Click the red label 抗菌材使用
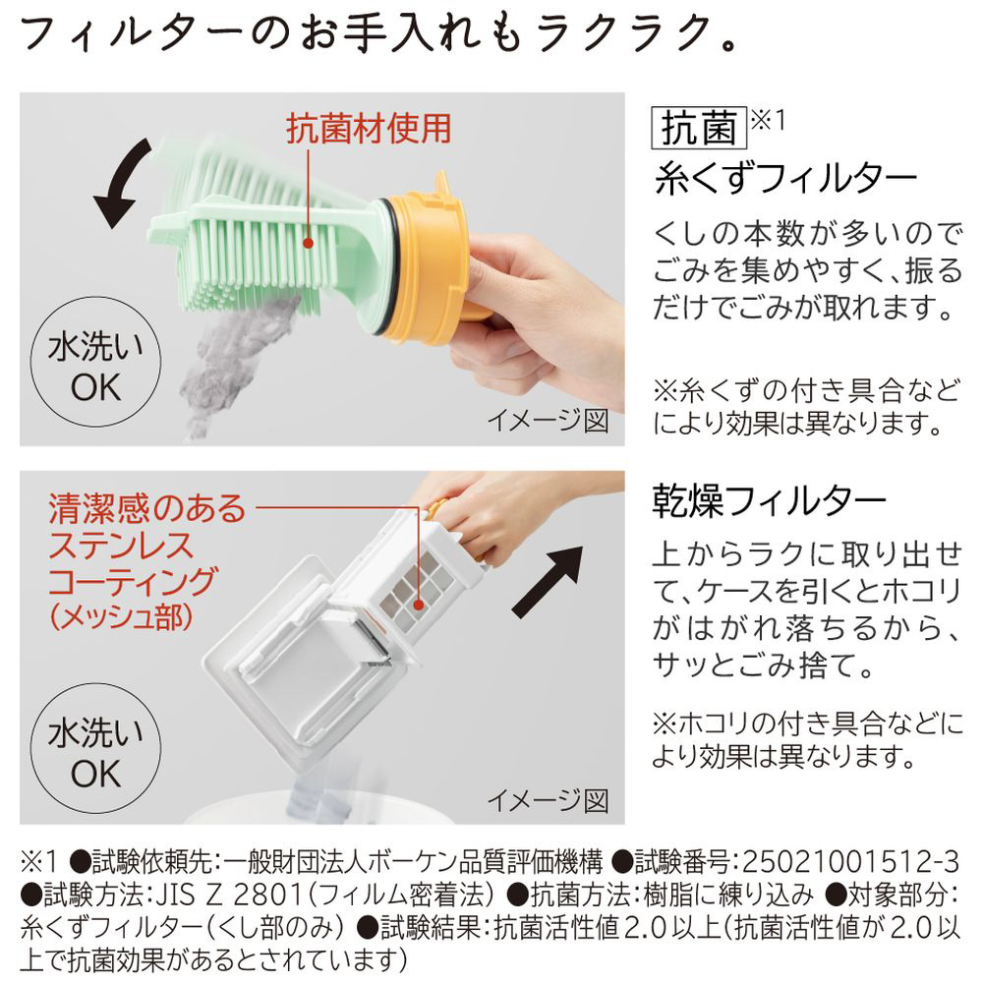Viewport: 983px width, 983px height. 369,129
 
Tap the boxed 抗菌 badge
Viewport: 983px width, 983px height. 699,128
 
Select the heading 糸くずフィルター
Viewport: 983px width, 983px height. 785,179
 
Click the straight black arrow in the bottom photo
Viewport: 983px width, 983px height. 548,581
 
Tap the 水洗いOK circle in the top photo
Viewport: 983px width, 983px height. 95,363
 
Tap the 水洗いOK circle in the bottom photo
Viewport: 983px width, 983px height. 95,748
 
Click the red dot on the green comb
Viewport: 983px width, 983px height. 308,243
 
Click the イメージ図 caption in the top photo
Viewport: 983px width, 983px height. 548,420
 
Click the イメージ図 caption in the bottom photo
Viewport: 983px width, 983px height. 548,799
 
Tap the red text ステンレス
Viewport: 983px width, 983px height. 121,546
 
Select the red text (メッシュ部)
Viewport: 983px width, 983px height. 120,617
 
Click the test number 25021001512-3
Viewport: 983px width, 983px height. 850,863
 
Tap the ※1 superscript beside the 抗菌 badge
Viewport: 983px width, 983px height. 768,119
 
